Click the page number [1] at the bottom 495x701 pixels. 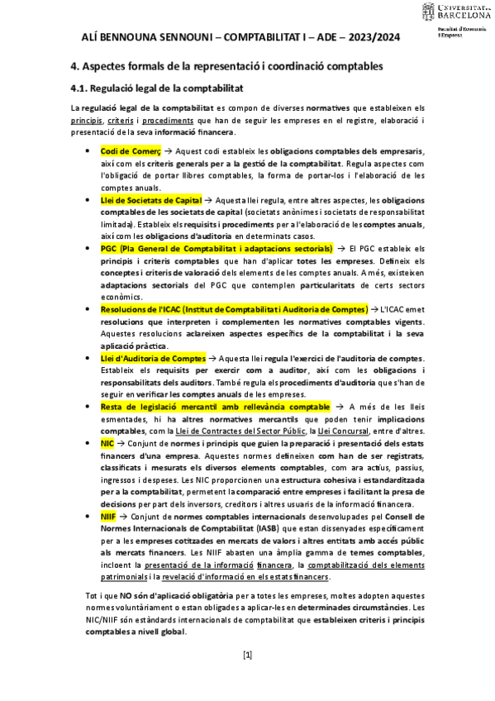tap(247, 656)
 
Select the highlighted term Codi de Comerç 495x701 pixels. tap(130, 152)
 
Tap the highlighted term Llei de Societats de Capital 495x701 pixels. tap(150, 200)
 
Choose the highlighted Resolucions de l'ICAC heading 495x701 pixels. tap(234, 308)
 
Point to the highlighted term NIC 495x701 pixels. tap(107, 443)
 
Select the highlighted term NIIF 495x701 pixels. tap(108, 516)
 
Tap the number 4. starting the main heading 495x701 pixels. tap(73, 65)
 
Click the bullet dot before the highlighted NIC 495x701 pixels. tap(88, 444)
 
